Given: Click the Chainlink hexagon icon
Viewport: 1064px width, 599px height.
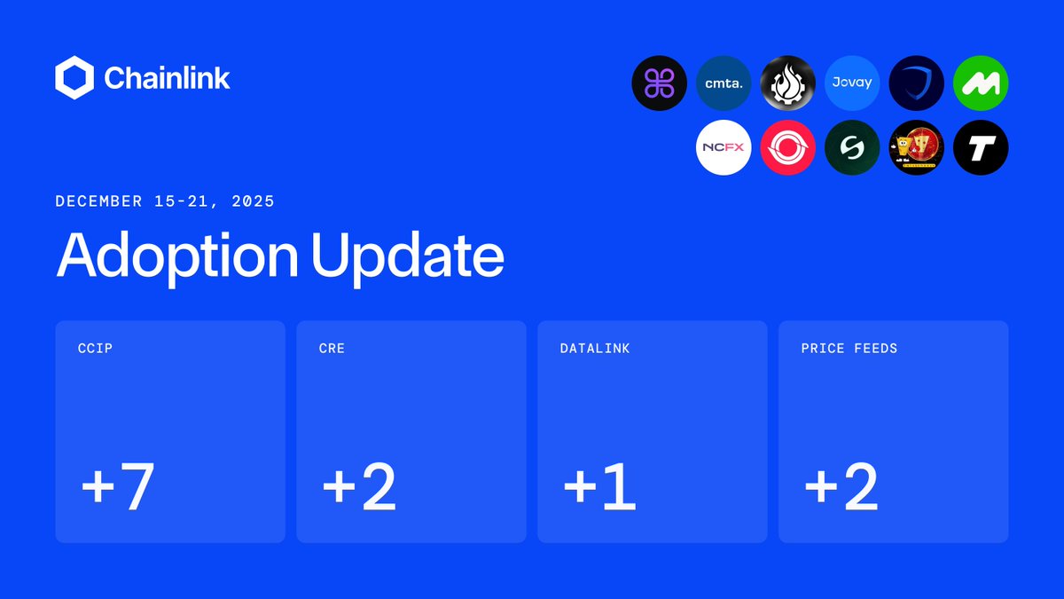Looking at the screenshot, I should (x=74, y=77).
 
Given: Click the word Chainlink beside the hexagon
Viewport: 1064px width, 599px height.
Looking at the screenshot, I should (x=168, y=78).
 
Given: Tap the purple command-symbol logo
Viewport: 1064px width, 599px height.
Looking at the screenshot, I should (x=659, y=83).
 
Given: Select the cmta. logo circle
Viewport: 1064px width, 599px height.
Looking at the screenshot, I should (x=724, y=83).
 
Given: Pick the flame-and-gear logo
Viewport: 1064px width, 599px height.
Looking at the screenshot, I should (x=787, y=83).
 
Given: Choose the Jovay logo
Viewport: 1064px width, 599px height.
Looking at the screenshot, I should (x=852, y=83).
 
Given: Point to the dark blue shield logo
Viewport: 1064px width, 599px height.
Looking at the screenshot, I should (x=916, y=83).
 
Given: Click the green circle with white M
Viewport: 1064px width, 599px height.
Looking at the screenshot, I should (x=981, y=83).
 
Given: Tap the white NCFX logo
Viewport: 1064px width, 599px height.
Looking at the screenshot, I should (x=724, y=147).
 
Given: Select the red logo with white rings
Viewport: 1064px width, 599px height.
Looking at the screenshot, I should (x=787, y=147).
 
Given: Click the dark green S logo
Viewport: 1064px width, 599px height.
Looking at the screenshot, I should (x=852, y=147).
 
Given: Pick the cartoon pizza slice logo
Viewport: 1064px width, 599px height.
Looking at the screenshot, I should (x=916, y=147).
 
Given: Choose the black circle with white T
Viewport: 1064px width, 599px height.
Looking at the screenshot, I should (x=981, y=147).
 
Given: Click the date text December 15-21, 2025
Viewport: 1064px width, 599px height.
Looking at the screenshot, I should (x=165, y=201).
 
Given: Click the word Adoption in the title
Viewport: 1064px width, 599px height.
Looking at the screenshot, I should (x=177, y=256).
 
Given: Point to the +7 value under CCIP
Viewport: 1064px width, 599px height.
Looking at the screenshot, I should (x=118, y=487).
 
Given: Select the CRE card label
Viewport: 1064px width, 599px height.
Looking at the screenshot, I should (x=332, y=349).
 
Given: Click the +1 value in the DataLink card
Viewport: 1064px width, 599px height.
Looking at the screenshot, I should (x=599, y=487).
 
